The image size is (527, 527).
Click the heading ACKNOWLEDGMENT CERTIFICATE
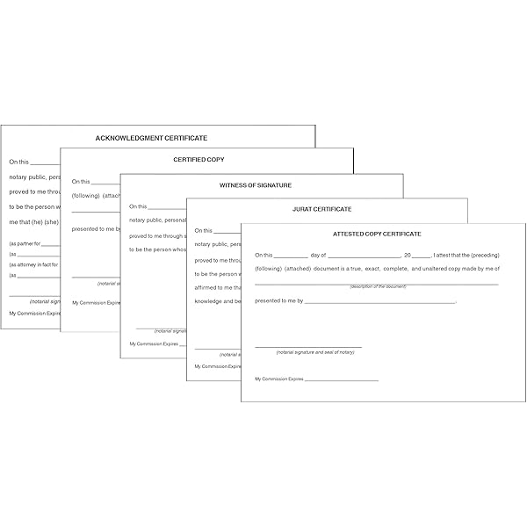coord(151,139)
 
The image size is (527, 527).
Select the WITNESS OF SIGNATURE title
coord(255,185)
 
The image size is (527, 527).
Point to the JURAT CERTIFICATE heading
coord(321,209)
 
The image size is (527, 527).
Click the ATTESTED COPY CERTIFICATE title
coord(377,234)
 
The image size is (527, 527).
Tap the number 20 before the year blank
coord(407,254)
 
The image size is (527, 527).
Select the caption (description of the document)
coord(376,287)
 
